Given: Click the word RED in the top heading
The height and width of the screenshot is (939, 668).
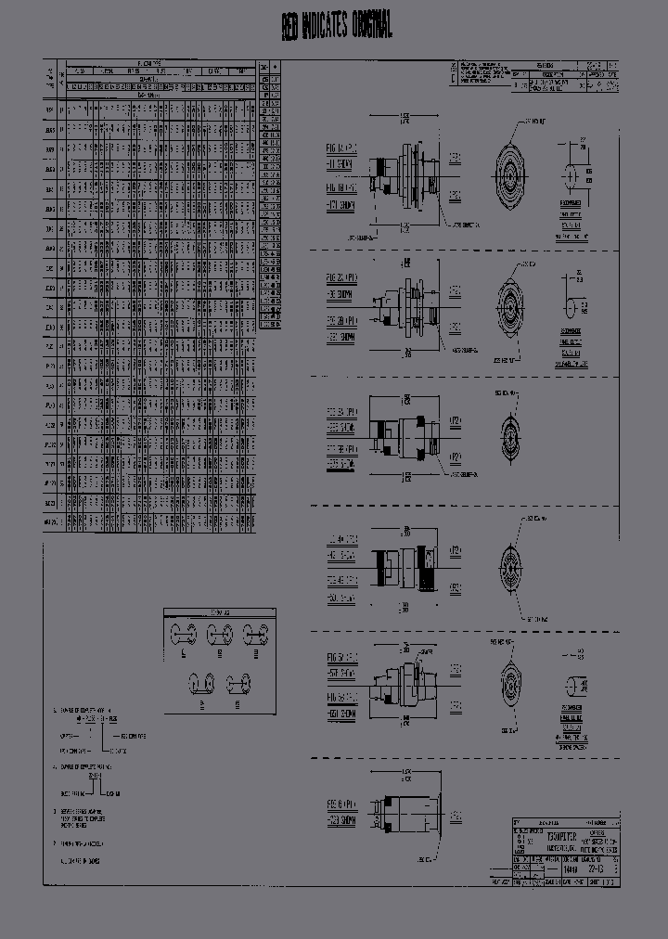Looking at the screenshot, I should (290, 29).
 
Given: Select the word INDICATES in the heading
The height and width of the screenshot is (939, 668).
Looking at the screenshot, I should (324, 28).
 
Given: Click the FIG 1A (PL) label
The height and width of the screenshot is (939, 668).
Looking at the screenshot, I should (340, 148).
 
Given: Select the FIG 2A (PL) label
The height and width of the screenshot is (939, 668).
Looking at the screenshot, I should (340, 277).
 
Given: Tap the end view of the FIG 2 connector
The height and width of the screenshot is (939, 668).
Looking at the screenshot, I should (508, 302).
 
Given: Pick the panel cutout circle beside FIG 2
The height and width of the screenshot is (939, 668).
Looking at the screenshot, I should (572, 305).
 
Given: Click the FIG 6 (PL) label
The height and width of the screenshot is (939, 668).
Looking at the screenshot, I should (340, 799).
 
